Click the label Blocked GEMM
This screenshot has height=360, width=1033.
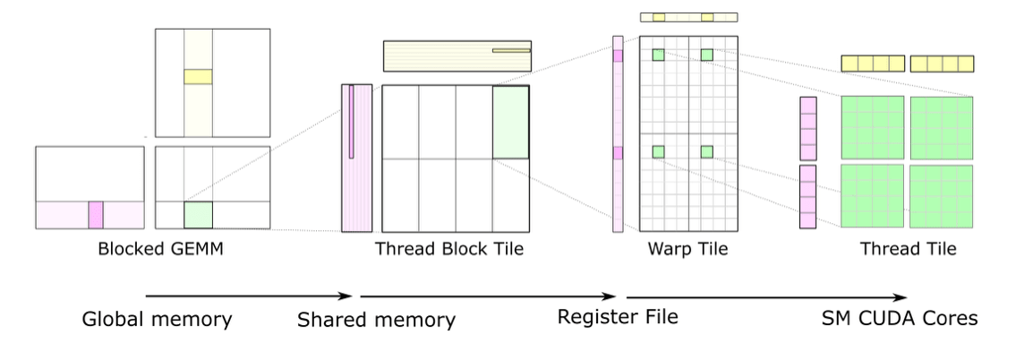pyautogui.click(x=160, y=249)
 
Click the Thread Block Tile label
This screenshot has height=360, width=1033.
pyautogui.click(x=449, y=249)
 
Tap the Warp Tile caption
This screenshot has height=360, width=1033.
pyautogui.click(x=687, y=249)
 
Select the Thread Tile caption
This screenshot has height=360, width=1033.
pyautogui.click(x=908, y=249)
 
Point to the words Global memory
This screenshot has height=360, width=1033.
pyautogui.click(x=157, y=319)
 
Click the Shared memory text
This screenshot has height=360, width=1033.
pyautogui.click(x=376, y=320)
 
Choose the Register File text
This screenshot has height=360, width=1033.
pyautogui.click(x=618, y=317)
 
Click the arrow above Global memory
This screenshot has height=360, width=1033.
pyautogui.click(x=249, y=296)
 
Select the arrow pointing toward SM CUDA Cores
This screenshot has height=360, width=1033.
pyautogui.click(x=766, y=297)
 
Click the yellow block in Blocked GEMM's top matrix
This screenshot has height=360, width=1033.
pyautogui.click(x=198, y=77)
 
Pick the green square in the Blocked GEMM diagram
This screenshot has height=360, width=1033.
pyautogui.click(x=198, y=215)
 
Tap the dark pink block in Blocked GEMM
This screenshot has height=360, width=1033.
pyautogui.click(x=96, y=215)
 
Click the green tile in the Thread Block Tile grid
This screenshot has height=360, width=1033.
pyautogui.click(x=510, y=123)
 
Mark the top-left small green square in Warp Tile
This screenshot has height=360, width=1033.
pyautogui.click(x=658, y=56)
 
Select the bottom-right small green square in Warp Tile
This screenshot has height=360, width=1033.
pyautogui.click(x=707, y=151)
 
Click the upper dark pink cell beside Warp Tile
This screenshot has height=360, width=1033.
pyautogui.click(x=618, y=56)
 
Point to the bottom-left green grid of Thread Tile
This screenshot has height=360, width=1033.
pyautogui.click(x=872, y=196)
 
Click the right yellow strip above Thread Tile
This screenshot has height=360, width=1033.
pyautogui.click(x=942, y=64)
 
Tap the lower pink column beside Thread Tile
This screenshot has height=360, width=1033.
pyautogui.click(x=807, y=196)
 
